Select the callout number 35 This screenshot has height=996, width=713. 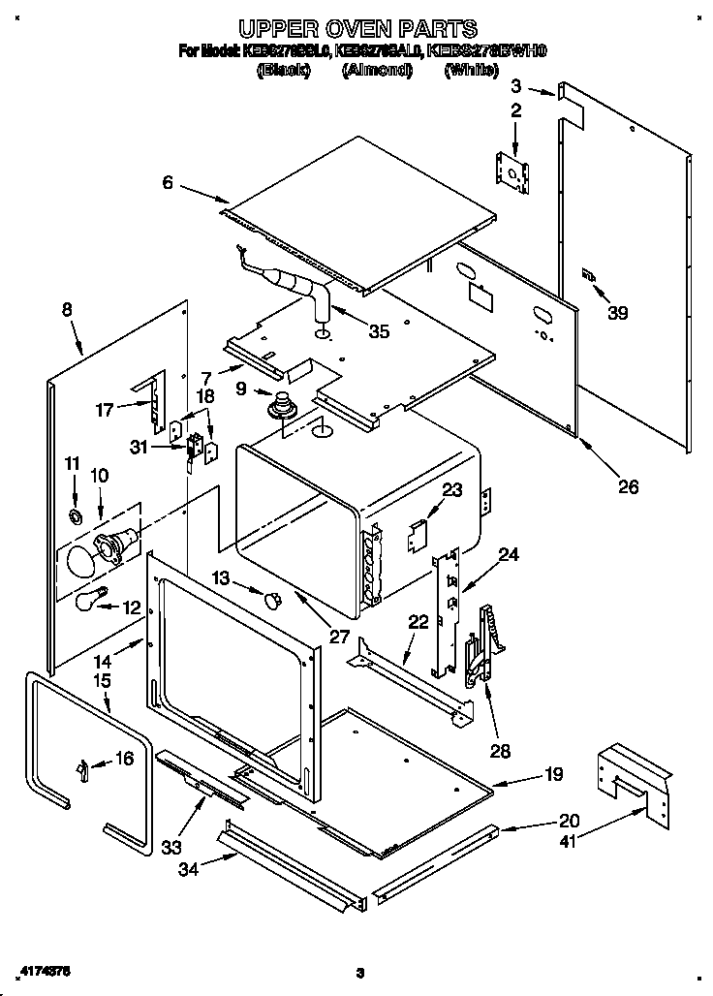(x=379, y=331)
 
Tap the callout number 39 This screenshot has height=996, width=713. (x=617, y=312)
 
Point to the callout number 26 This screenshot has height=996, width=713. (x=628, y=486)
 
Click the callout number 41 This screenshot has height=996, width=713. (x=569, y=842)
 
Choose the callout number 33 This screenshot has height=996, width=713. (x=170, y=848)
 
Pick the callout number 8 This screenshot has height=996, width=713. (x=66, y=310)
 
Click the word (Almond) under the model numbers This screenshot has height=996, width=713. (x=377, y=71)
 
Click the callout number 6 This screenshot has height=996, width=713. (x=168, y=182)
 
